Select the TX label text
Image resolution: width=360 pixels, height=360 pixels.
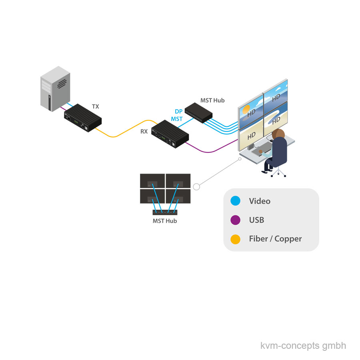tap(96, 107)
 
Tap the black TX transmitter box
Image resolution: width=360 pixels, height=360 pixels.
tap(83, 118)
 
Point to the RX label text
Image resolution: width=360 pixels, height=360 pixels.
tap(144, 131)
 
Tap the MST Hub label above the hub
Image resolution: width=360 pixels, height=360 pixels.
tap(212, 100)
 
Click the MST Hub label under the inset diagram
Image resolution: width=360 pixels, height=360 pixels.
tap(165, 221)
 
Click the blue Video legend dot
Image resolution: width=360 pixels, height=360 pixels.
tap(236, 201)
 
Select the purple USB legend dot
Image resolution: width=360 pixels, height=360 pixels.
tap(236, 220)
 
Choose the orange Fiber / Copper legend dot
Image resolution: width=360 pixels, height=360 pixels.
tap(236, 239)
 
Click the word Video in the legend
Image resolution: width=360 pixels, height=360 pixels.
tap(260, 201)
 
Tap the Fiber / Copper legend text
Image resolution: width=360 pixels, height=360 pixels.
tap(275, 239)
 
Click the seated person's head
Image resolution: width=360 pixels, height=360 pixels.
tap(278, 134)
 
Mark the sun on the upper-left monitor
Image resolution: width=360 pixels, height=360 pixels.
tap(246, 109)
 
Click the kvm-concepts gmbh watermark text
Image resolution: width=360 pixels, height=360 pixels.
tap(303, 346)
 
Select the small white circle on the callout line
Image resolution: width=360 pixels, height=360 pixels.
tap(196, 187)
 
